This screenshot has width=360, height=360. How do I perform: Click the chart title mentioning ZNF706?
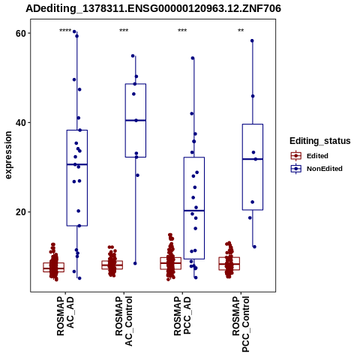[x=153, y=8]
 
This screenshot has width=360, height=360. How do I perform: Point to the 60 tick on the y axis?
[x=21, y=33]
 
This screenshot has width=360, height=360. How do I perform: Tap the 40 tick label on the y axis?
[x=21, y=123]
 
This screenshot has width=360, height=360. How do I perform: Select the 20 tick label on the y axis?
[x=21, y=212]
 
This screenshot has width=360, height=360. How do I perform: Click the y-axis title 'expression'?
[x=8, y=155]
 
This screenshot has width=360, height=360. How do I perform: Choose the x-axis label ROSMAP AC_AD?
[x=65, y=316]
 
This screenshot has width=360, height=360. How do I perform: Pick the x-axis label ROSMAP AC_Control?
[x=124, y=321]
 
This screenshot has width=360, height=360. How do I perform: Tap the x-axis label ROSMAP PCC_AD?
[x=182, y=316]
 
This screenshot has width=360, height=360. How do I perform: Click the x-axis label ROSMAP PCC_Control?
[x=241, y=324]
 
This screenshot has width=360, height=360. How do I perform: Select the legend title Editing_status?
[x=320, y=141]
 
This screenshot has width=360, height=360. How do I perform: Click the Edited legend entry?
[x=310, y=156]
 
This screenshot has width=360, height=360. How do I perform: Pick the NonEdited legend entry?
[x=316, y=169]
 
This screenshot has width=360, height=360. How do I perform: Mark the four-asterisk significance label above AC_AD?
[x=65, y=31]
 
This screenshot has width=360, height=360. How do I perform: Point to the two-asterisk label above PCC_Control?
[x=241, y=31]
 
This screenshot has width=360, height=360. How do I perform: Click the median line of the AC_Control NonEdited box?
[x=136, y=121]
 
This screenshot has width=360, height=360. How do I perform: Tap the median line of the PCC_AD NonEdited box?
[x=194, y=211]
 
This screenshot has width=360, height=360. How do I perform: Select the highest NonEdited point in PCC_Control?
[x=252, y=40]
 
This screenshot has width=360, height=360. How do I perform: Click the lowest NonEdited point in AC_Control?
[x=135, y=263]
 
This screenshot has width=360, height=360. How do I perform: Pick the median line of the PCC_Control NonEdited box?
[x=253, y=159]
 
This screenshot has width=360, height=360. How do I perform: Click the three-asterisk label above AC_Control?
[x=124, y=31]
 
